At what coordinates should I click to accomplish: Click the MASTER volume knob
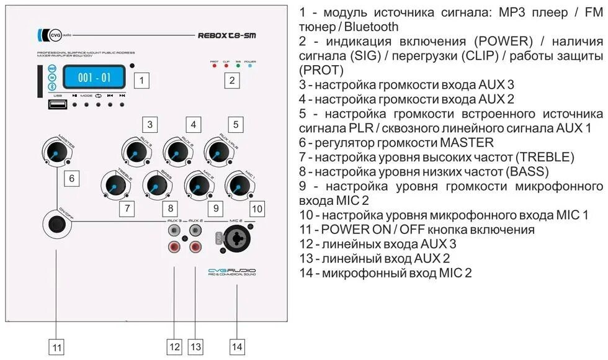click(56, 155)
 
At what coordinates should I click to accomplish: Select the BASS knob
click(155, 184)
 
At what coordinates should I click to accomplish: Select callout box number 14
click(236, 346)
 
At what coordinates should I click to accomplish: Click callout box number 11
click(56, 347)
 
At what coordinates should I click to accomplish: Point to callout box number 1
click(143, 79)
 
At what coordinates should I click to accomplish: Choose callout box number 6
click(72, 179)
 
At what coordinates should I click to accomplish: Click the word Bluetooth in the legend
click(371, 27)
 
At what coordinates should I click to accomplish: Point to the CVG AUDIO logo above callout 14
click(231, 272)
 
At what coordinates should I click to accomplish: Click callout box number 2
click(232, 79)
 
